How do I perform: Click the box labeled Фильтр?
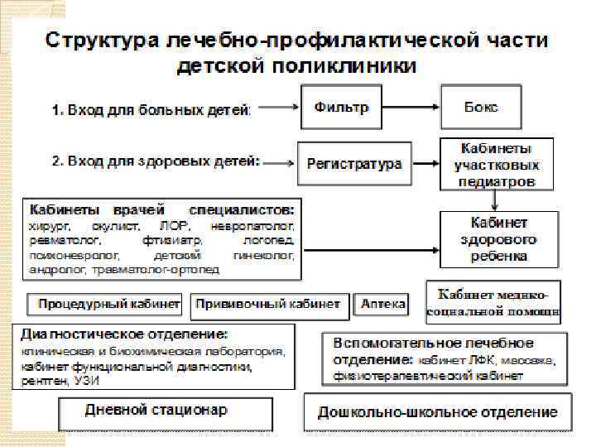coord(341,108)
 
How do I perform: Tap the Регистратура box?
coord(354,163)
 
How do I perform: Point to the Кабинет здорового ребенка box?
coord(499,239)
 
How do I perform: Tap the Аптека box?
coord(382,305)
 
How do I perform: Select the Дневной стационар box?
coord(156,411)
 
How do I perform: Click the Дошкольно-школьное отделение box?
coord(444,411)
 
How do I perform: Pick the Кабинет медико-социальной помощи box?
coord(493,303)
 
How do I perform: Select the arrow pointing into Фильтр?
coord(282,108)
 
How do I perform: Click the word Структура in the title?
coord(102,40)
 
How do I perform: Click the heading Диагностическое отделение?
coord(124,335)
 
